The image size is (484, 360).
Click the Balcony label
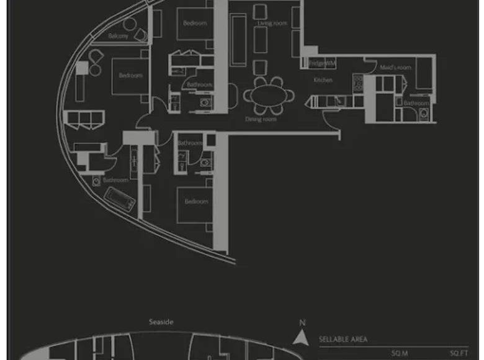[x=119, y=36]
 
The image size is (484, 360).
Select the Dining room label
[x=261, y=119]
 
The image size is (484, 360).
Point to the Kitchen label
[x=323, y=80]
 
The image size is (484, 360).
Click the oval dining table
[x=269, y=96]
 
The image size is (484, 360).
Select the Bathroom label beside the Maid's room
[x=416, y=102]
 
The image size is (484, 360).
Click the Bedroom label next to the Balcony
[x=130, y=76]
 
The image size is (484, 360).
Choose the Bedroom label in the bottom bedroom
[x=196, y=202]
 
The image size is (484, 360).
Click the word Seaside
[x=161, y=322]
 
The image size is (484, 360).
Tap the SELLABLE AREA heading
[x=343, y=340]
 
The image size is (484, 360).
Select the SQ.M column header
[x=399, y=354]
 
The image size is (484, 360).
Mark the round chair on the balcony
[x=130, y=24]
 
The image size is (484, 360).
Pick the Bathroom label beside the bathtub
[x=115, y=180]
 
